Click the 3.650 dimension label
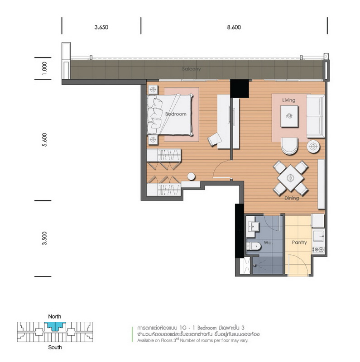pos(101,27)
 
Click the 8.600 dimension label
pos(234,27)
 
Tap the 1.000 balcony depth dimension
pos(44,68)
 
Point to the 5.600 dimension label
pos(44,140)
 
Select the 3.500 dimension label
pos(44,238)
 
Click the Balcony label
pos(192,69)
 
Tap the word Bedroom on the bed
pos(176,114)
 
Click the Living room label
pos(288,100)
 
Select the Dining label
pos(292,198)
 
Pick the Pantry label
pos(299,243)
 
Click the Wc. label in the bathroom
pos(268,243)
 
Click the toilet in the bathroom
pos(254,246)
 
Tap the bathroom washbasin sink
pos(253,227)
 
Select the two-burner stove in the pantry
pos(318,250)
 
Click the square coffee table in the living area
pos(289,116)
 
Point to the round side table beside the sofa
pos(313,146)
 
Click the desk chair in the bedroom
pos(214,139)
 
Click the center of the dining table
pos(290,178)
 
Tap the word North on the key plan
pos(55,316)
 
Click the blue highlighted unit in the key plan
pos(55,326)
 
